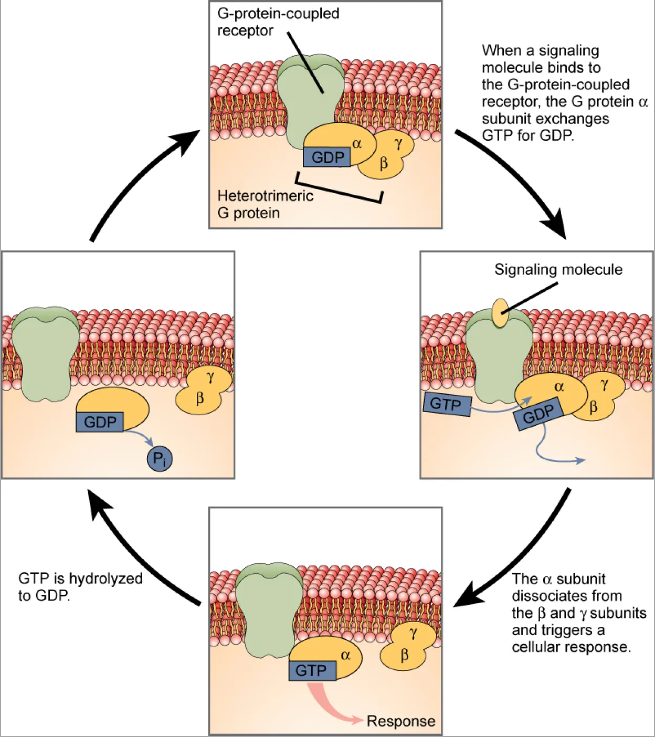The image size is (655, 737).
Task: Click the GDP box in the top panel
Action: pos(327,157)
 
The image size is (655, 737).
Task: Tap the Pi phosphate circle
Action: pos(159,458)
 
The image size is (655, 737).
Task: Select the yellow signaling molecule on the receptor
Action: pos(500,313)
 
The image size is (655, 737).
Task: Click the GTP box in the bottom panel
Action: pos(312,670)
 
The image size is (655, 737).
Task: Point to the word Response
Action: pos(401,721)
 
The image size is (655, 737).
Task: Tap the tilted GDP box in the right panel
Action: pos(538,414)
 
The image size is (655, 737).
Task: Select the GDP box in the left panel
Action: pos(100,422)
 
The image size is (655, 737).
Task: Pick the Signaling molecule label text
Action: pos(558,270)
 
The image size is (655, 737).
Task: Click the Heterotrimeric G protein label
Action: pos(265,204)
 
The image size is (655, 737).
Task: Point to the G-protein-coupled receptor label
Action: pos(278,22)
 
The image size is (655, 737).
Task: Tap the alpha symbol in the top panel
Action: pos(357,144)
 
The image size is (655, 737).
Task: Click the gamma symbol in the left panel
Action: pos(210,377)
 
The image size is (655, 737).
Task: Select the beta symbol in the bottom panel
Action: pos(404,655)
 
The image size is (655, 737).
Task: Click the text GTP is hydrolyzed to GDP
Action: pos(80,587)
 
